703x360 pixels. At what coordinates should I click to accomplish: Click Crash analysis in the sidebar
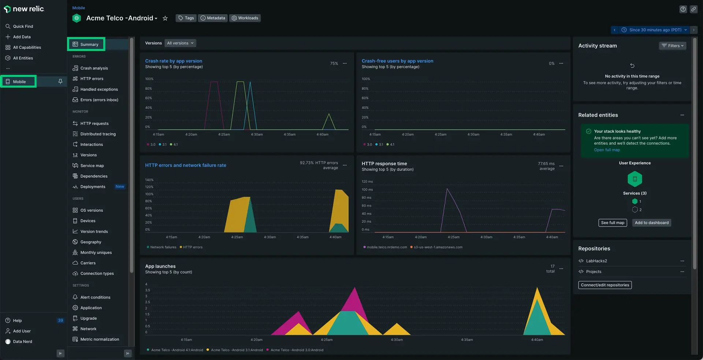94,68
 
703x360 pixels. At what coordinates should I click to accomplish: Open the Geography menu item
90,242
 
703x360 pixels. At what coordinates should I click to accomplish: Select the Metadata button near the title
213,18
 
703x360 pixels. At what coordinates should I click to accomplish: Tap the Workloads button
245,18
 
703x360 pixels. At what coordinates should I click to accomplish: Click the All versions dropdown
180,43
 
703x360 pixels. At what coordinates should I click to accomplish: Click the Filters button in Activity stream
673,46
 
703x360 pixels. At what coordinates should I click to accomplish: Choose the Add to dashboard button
651,223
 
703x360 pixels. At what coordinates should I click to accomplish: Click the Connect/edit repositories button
605,285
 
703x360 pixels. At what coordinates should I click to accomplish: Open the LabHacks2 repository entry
596,261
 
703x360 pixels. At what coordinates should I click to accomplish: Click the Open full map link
607,150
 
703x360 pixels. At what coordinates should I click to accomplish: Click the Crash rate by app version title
174,61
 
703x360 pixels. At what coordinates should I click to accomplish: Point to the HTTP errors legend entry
193,247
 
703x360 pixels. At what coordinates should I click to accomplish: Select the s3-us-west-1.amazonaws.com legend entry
438,247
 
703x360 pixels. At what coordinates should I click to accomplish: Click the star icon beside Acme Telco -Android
165,18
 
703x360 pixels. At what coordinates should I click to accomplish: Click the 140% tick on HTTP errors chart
149,180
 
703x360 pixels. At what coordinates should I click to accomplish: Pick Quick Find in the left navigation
23,26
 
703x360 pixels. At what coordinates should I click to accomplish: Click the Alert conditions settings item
95,297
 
